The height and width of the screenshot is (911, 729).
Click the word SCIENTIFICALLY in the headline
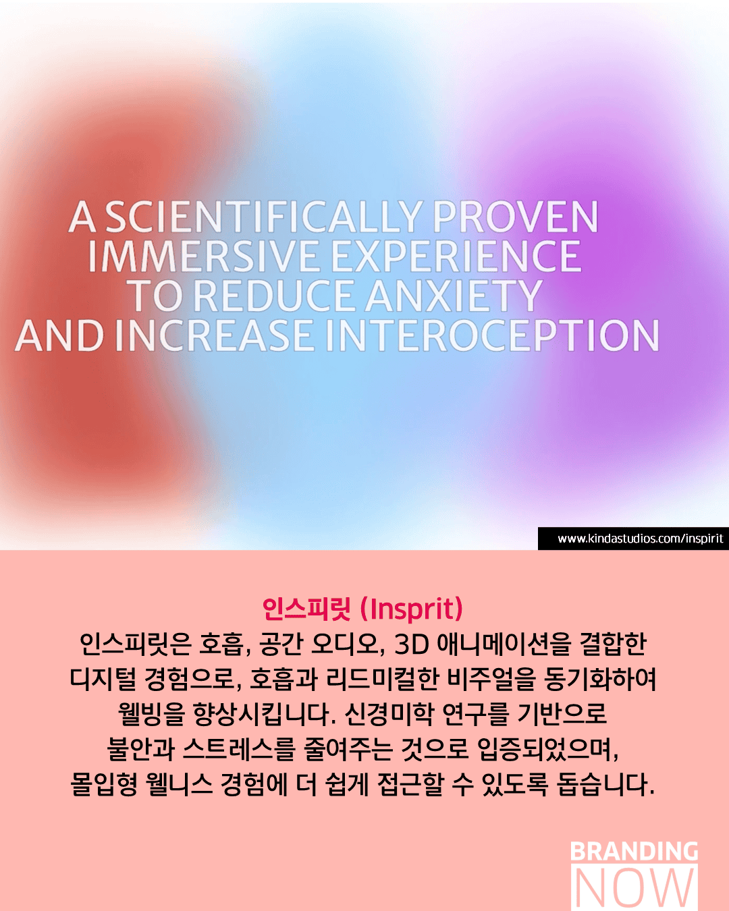[263, 217]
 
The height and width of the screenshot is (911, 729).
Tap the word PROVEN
[515, 217]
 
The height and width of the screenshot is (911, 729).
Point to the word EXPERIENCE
[456, 256]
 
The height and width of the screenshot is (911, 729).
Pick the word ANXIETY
[454, 295]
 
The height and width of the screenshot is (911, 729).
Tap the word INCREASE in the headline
[215, 335]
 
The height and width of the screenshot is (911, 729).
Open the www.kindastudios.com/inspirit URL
[640, 539]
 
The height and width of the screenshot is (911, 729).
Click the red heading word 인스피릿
[306, 609]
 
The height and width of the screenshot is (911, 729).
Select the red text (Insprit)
[411, 609]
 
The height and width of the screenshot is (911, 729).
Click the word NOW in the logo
[634, 887]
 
